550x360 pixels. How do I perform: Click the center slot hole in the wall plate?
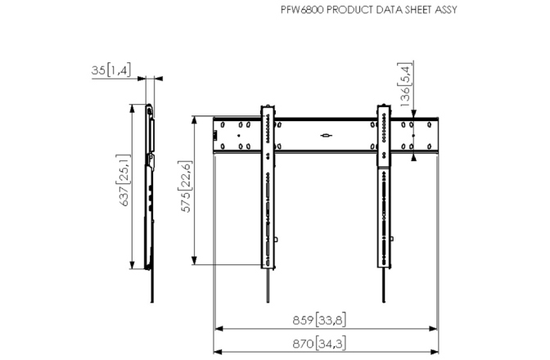[325, 135]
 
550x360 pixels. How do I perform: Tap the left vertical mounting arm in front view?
[268, 188]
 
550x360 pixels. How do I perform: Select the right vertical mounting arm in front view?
[383, 188]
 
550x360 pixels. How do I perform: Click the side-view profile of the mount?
[150, 188]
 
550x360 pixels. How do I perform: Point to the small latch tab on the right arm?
[393, 241]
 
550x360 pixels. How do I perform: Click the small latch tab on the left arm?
[277, 241]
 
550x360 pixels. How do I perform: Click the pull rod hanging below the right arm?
[383, 286]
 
